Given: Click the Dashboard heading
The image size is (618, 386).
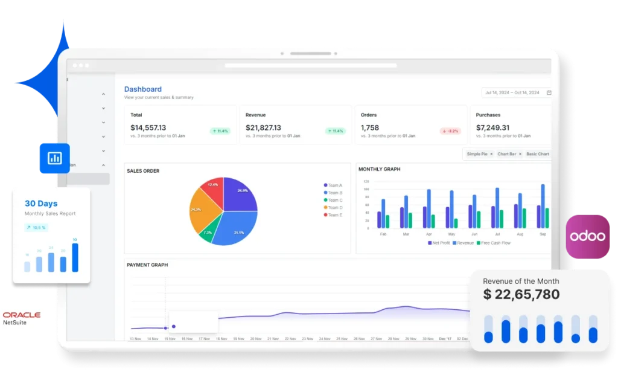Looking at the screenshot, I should [x=143, y=89].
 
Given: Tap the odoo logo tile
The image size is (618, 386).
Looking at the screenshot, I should [x=588, y=236].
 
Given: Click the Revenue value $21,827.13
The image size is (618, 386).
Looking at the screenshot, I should [x=263, y=128].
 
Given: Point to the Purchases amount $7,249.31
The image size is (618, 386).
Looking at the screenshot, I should [x=492, y=128].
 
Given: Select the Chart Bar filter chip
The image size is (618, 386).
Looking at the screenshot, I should [x=509, y=154].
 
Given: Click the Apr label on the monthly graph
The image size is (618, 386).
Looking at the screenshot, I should [x=429, y=233].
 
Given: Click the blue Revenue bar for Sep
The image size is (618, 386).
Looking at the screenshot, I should [x=543, y=206].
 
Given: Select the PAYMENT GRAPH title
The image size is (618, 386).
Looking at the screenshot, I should [x=147, y=265].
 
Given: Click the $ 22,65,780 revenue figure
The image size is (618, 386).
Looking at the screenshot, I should [x=521, y=295].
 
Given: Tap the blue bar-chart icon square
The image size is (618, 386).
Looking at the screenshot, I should [x=54, y=158].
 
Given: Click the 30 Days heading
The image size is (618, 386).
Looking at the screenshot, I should [x=42, y=204].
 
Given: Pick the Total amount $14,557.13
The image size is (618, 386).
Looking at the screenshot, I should [x=148, y=128].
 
